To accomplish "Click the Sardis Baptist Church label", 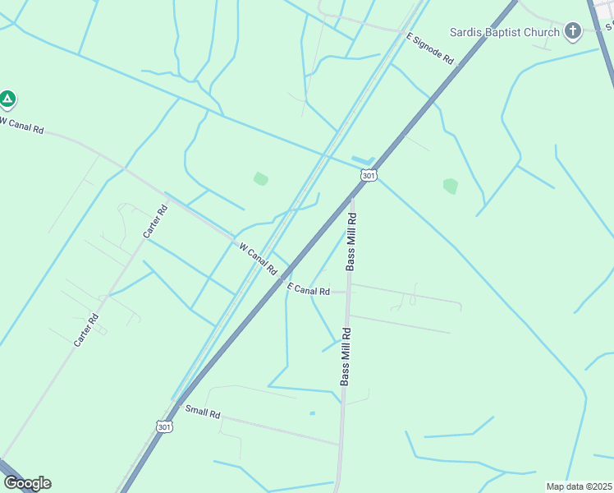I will click(504, 32).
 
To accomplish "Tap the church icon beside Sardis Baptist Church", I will click(573, 32).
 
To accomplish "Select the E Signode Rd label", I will click(430, 48).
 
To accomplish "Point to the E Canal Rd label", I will click(309, 289).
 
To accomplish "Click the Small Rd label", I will click(203, 412).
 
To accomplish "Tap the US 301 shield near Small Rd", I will click(163, 426).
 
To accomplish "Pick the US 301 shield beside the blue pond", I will click(369, 175).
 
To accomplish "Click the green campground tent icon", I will click(7, 100).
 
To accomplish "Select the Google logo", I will click(27, 482).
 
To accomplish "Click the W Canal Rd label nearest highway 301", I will click(258, 258).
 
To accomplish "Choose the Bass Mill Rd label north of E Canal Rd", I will click(351, 242).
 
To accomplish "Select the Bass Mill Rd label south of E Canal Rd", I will click(346, 357).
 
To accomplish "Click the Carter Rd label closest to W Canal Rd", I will click(155, 221).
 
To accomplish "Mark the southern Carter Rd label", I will click(85, 329).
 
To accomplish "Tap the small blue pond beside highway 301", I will click(362, 159).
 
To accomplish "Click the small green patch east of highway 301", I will click(450, 186).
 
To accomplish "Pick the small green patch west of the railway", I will click(261, 178).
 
